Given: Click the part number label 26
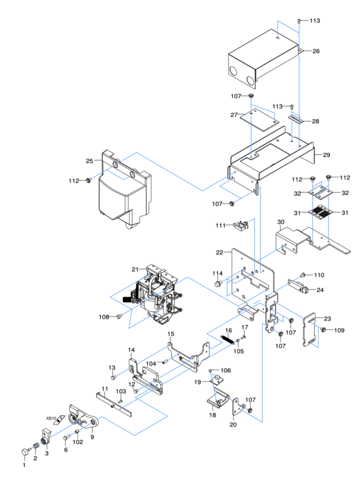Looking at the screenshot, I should coord(316,51).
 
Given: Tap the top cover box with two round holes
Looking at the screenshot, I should coord(259,60).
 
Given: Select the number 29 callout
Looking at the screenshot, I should coord(326,155).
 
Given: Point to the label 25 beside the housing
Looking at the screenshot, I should coord(89,161).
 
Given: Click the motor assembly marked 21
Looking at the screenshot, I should coord(153,295).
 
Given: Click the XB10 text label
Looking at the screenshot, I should coord(51,418).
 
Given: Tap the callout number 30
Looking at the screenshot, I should coord(280,222).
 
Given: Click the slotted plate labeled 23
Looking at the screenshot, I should coord(311,330).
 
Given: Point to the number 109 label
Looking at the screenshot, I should coord(339,330).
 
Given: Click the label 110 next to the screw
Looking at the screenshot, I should coord(318,275).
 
